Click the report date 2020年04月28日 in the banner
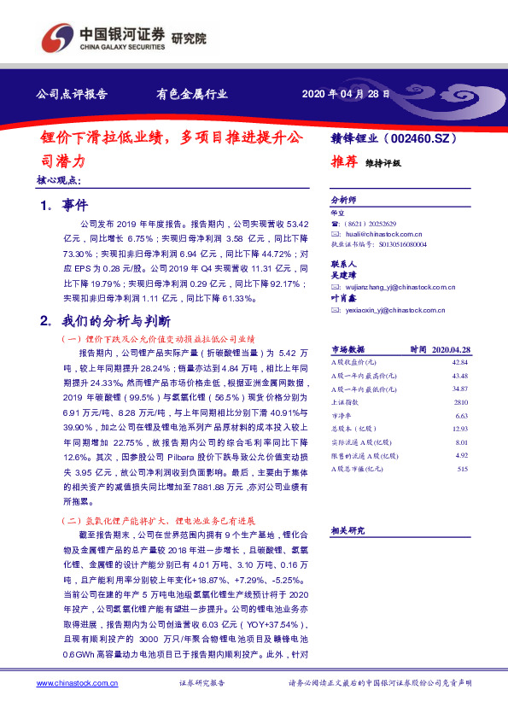click(x=346, y=94)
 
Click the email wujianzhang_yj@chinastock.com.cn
click(x=398, y=288)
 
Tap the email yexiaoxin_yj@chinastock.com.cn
click(x=392, y=310)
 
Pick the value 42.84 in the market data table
click(x=463, y=363)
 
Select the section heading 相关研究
click(x=347, y=530)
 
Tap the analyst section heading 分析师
click(x=342, y=197)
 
